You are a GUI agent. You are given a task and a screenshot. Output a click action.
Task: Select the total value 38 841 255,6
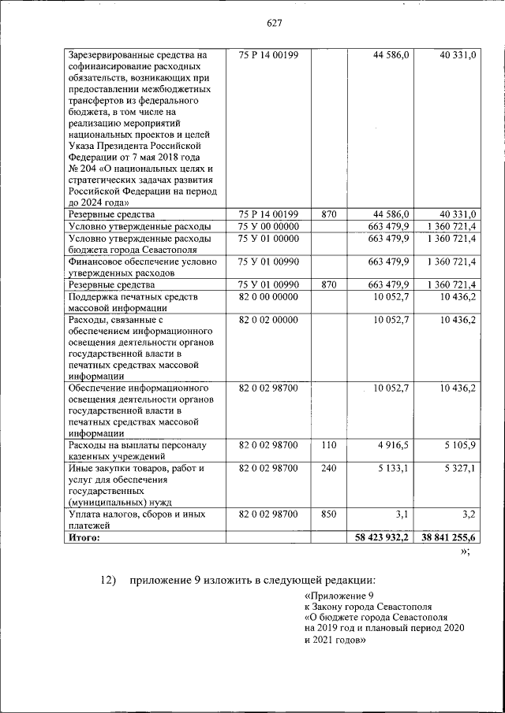(447, 537)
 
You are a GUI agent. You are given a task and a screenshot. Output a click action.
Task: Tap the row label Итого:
(84, 537)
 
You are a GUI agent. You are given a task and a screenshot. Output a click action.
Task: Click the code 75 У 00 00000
(267, 226)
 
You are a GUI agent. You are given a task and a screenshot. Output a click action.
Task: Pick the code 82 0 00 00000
(267, 296)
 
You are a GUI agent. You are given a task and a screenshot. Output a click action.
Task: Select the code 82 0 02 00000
(267, 320)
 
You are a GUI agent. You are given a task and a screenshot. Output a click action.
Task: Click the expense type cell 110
(329, 445)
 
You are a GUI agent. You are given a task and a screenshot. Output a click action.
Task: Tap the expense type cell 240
(329, 469)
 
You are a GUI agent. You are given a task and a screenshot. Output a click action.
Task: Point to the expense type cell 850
(329, 514)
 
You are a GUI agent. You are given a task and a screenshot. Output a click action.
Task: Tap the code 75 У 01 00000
(267, 238)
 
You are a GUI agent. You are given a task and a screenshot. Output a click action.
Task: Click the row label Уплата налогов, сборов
(126, 514)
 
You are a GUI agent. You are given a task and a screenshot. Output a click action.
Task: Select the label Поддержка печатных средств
(132, 296)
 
